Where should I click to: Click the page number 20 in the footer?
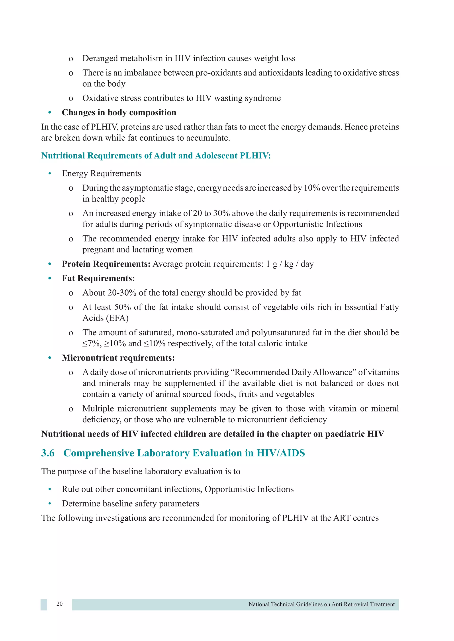pyautogui.click(x=60, y=604)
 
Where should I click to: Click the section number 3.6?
pyautogui.click(x=48, y=453)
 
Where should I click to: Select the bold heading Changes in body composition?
pyautogui.click(x=119, y=112)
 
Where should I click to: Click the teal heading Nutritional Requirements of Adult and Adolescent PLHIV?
pyautogui.click(x=156, y=156)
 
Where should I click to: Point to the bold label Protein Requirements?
pyautogui.click(x=106, y=264)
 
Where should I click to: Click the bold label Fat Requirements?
pyautogui.click(x=98, y=278)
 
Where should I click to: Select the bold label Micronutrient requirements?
pyautogui.click(x=118, y=358)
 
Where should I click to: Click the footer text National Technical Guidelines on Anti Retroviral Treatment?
pyautogui.click(x=321, y=604)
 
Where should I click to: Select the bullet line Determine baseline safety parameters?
pyautogui.click(x=130, y=504)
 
